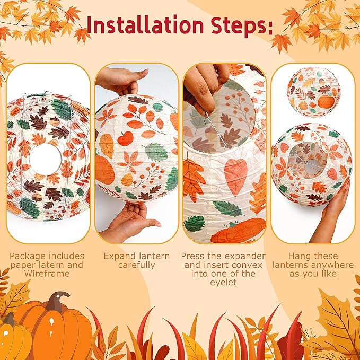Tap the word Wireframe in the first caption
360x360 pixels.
tap(47, 274)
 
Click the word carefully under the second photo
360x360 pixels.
tap(137, 265)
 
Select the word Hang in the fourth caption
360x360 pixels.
tap(298, 256)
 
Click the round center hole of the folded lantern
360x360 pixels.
tap(45, 159)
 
